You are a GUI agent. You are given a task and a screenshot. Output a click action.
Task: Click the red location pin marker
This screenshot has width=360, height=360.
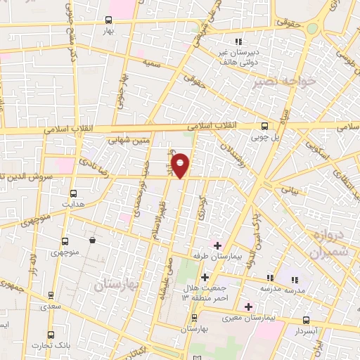(x=181, y=165)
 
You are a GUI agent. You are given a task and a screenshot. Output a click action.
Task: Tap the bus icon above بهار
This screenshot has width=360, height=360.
(x=108, y=20)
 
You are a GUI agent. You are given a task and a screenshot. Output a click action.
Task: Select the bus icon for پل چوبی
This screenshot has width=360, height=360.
(x=264, y=126)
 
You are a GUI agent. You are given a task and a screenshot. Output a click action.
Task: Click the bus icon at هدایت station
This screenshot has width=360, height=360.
(x=73, y=191)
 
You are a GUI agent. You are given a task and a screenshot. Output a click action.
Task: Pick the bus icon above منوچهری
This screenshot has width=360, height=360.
(x=65, y=241)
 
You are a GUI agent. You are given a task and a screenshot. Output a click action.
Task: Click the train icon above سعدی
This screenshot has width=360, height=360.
(x=49, y=296)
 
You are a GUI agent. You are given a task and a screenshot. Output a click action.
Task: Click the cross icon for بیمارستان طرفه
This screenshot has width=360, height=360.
(x=218, y=246)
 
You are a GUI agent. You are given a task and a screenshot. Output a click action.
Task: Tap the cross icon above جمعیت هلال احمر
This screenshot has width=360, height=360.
(x=205, y=278)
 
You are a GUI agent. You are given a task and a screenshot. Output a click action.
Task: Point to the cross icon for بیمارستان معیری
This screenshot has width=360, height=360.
(x=248, y=307)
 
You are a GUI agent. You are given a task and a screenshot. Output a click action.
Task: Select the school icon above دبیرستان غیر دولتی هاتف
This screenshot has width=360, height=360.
(x=239, y=41)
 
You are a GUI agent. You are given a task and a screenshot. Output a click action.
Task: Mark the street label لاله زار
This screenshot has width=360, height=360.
(x=32, y=265)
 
